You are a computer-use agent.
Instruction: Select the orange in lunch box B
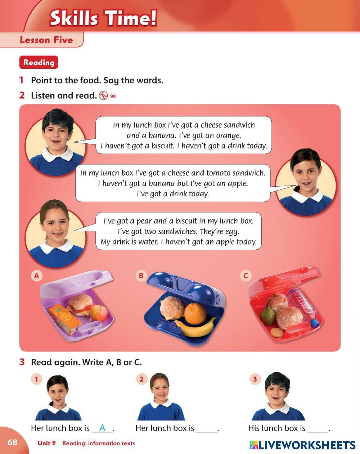pos(195,313)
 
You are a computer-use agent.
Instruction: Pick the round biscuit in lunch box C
pos(276,333)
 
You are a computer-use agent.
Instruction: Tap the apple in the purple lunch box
pos(99,313)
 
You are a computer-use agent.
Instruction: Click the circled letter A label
pos(36,276)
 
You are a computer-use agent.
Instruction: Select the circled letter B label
pos(141,276)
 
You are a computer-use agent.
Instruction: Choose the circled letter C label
pos(246,276)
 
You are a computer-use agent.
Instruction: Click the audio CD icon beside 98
pos(103,96)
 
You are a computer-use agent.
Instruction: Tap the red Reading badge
pos(39,62)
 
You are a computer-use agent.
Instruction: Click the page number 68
pos(12,442)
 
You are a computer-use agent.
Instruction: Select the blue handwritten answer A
pos(102,428)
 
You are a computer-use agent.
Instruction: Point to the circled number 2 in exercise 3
pos(141,379)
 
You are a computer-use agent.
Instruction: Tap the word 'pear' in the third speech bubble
pos(144,221)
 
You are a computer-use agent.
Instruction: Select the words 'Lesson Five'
pos(46,40)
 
